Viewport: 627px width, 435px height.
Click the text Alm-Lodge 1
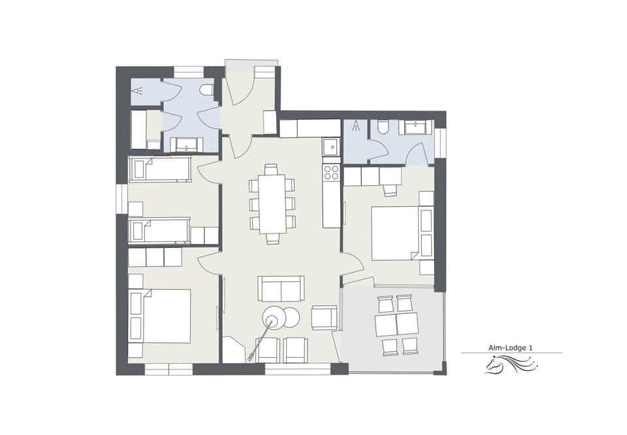tap(511, 348)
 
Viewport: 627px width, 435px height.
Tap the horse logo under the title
tap(511, 365)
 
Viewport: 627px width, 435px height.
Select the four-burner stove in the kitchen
tap(332, 172)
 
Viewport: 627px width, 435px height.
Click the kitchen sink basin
tap(332, 147)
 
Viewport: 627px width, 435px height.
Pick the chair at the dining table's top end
tap(272, 169)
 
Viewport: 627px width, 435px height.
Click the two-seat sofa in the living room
tap(281, 288)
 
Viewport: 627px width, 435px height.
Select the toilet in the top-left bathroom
tap(207, 90)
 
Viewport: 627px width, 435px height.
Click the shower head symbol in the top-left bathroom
tap(137, 92)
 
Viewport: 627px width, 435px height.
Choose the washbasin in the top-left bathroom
tap(187, 145)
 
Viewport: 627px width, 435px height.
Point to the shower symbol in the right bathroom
tap(357, 126)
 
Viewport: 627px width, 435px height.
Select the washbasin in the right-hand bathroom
tap(415, 127)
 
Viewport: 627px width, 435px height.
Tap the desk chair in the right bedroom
tap(391, 190)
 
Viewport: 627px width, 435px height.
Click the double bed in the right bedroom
tap(395, 233)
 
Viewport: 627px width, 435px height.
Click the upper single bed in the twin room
tap(160, 169)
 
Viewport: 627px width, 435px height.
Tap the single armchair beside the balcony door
tap(324, 318)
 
